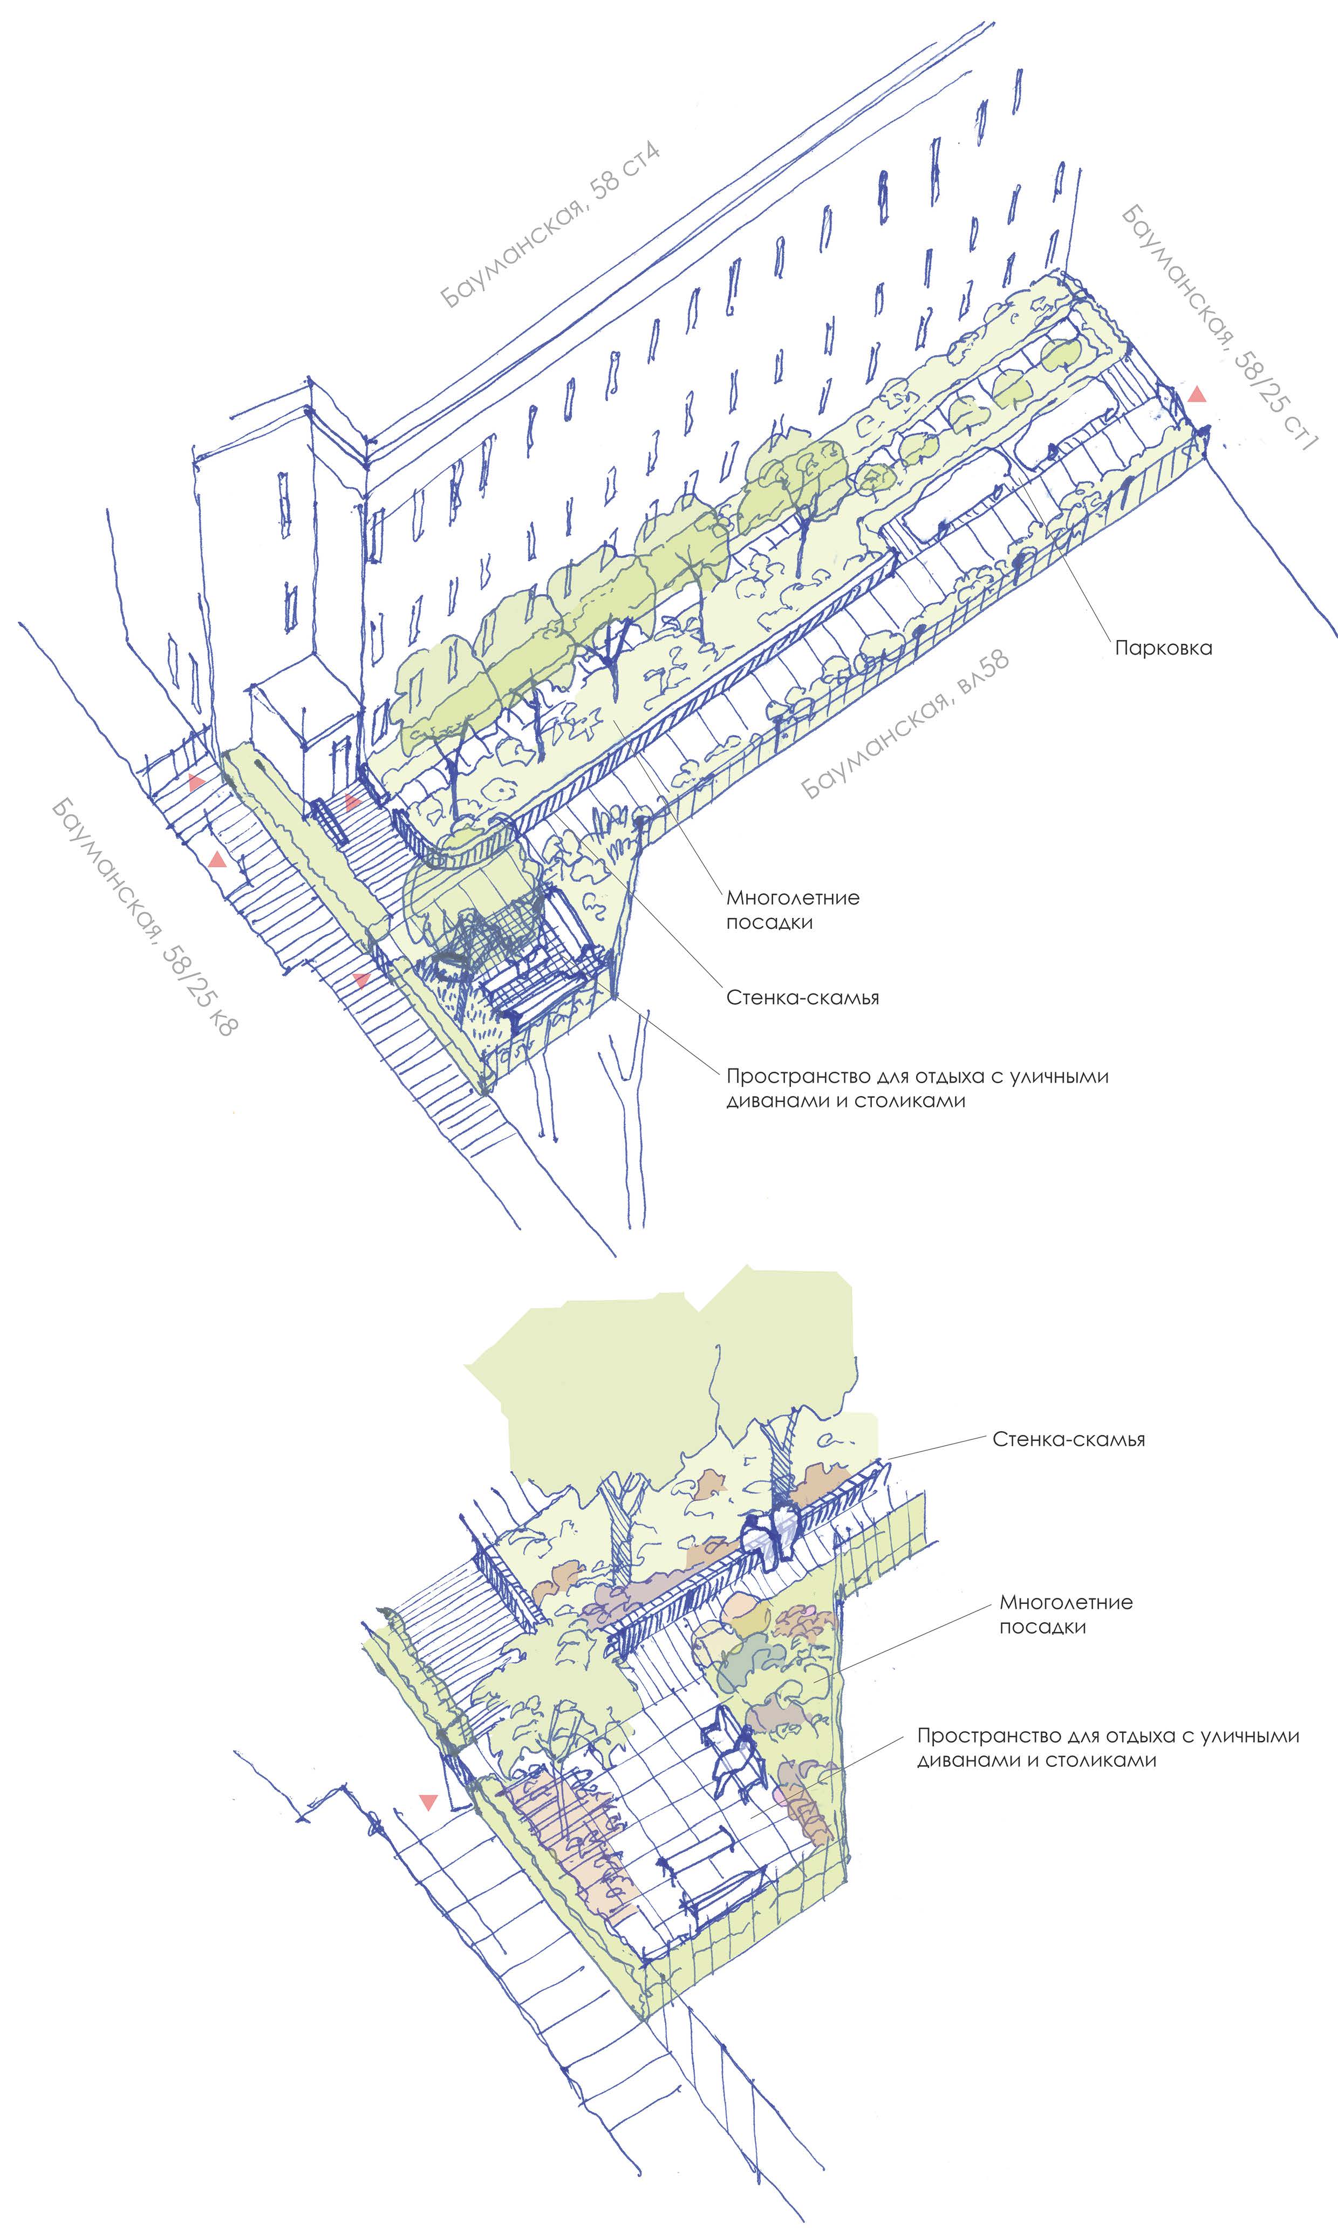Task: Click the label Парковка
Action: click(x=1163, y=648)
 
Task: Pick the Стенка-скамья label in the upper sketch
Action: click(x=802, y=998)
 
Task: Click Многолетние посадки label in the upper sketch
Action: click(x=793, y=910)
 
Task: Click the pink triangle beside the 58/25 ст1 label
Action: click(x=1197, y=394)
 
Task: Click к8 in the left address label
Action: click(x=219, y=1021)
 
